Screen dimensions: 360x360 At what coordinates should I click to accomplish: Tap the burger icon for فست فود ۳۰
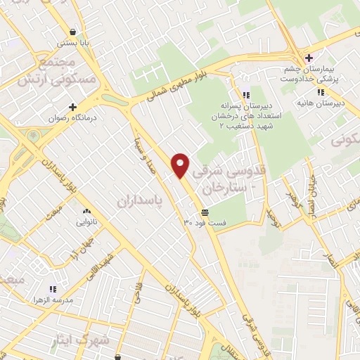[x=205, y=212]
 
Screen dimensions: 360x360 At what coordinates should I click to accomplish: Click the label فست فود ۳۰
[x=205, y=222]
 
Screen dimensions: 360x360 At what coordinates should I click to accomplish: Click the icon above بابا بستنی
[x=74, y=32]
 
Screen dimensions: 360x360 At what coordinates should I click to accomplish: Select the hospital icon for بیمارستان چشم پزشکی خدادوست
[x=308, y=57]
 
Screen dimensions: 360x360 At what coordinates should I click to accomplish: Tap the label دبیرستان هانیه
[x=329, y=103]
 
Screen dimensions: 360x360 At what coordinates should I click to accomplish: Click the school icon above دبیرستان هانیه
[x=321, y=91]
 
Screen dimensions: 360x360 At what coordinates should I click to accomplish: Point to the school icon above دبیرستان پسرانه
[x=245, y=95]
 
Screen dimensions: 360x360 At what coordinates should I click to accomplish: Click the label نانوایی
[x=88, y=222]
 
